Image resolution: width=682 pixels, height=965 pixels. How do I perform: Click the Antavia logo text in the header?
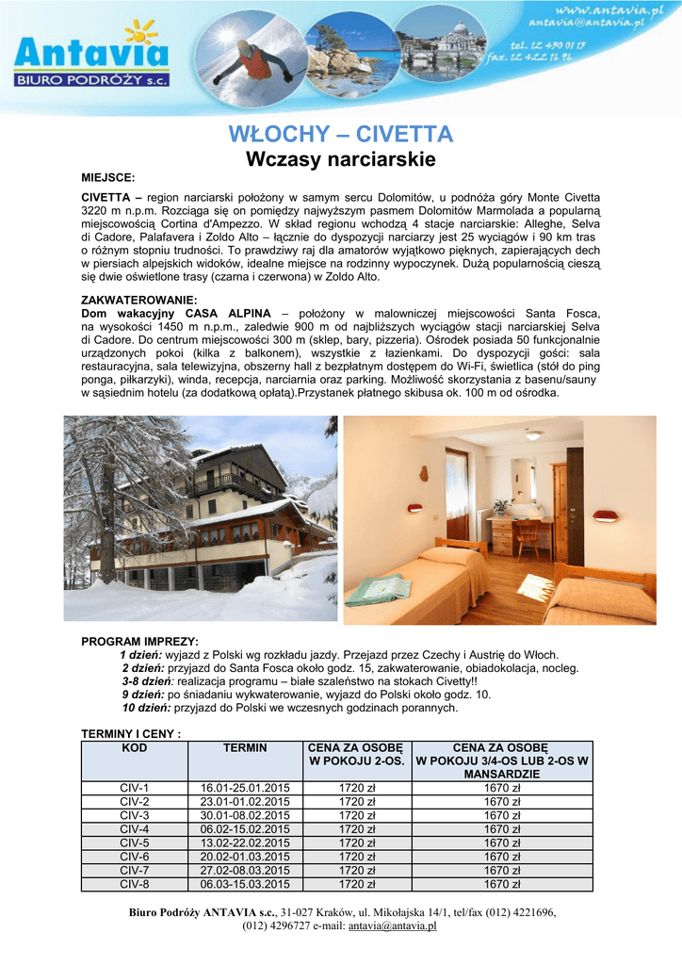coord(90,53)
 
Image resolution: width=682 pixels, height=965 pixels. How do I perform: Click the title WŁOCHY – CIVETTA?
coord(341,135)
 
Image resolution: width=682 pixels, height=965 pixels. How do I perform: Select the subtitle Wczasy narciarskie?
coord(341,160)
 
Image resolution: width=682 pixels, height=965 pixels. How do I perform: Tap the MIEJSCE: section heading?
coord(108,177)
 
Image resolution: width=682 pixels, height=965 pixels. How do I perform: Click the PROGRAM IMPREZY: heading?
coord(140,642)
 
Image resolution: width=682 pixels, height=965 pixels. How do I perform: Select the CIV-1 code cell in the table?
coord(135,788)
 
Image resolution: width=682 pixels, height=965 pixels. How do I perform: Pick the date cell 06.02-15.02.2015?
coord(245,829)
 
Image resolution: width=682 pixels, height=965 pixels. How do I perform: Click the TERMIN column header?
coord(245,748)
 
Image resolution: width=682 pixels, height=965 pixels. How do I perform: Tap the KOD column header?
coord(135,748)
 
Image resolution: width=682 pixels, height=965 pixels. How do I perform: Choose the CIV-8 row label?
coord(135,885)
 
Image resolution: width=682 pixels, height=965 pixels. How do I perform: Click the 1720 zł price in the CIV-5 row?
coord(357,843)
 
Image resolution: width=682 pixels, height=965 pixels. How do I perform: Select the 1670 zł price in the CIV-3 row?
coord(502,815)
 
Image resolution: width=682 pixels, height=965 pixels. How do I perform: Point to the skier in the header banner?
coord(257,59)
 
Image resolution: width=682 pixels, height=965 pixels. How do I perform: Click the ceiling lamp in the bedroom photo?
coord(535,435)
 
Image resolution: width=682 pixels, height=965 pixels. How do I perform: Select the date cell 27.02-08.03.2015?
coord(245,871)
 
